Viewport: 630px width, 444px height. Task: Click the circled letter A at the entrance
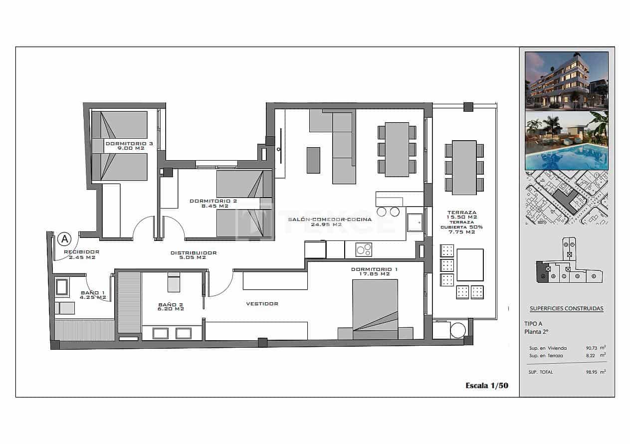(x=64, y=239)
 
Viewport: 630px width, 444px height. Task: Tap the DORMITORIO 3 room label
(x=129, y=146)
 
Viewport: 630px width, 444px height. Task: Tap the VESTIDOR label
(x=262, y=303)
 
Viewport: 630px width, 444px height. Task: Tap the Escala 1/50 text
(x=486, y=385)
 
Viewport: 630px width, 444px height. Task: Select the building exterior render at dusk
(x=566, y=80)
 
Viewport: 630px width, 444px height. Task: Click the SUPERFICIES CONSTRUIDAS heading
(x=566, y=308)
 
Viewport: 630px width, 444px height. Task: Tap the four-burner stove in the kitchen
(x=364, y=249)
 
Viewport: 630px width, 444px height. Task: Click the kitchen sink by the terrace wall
(x=415, y=222)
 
